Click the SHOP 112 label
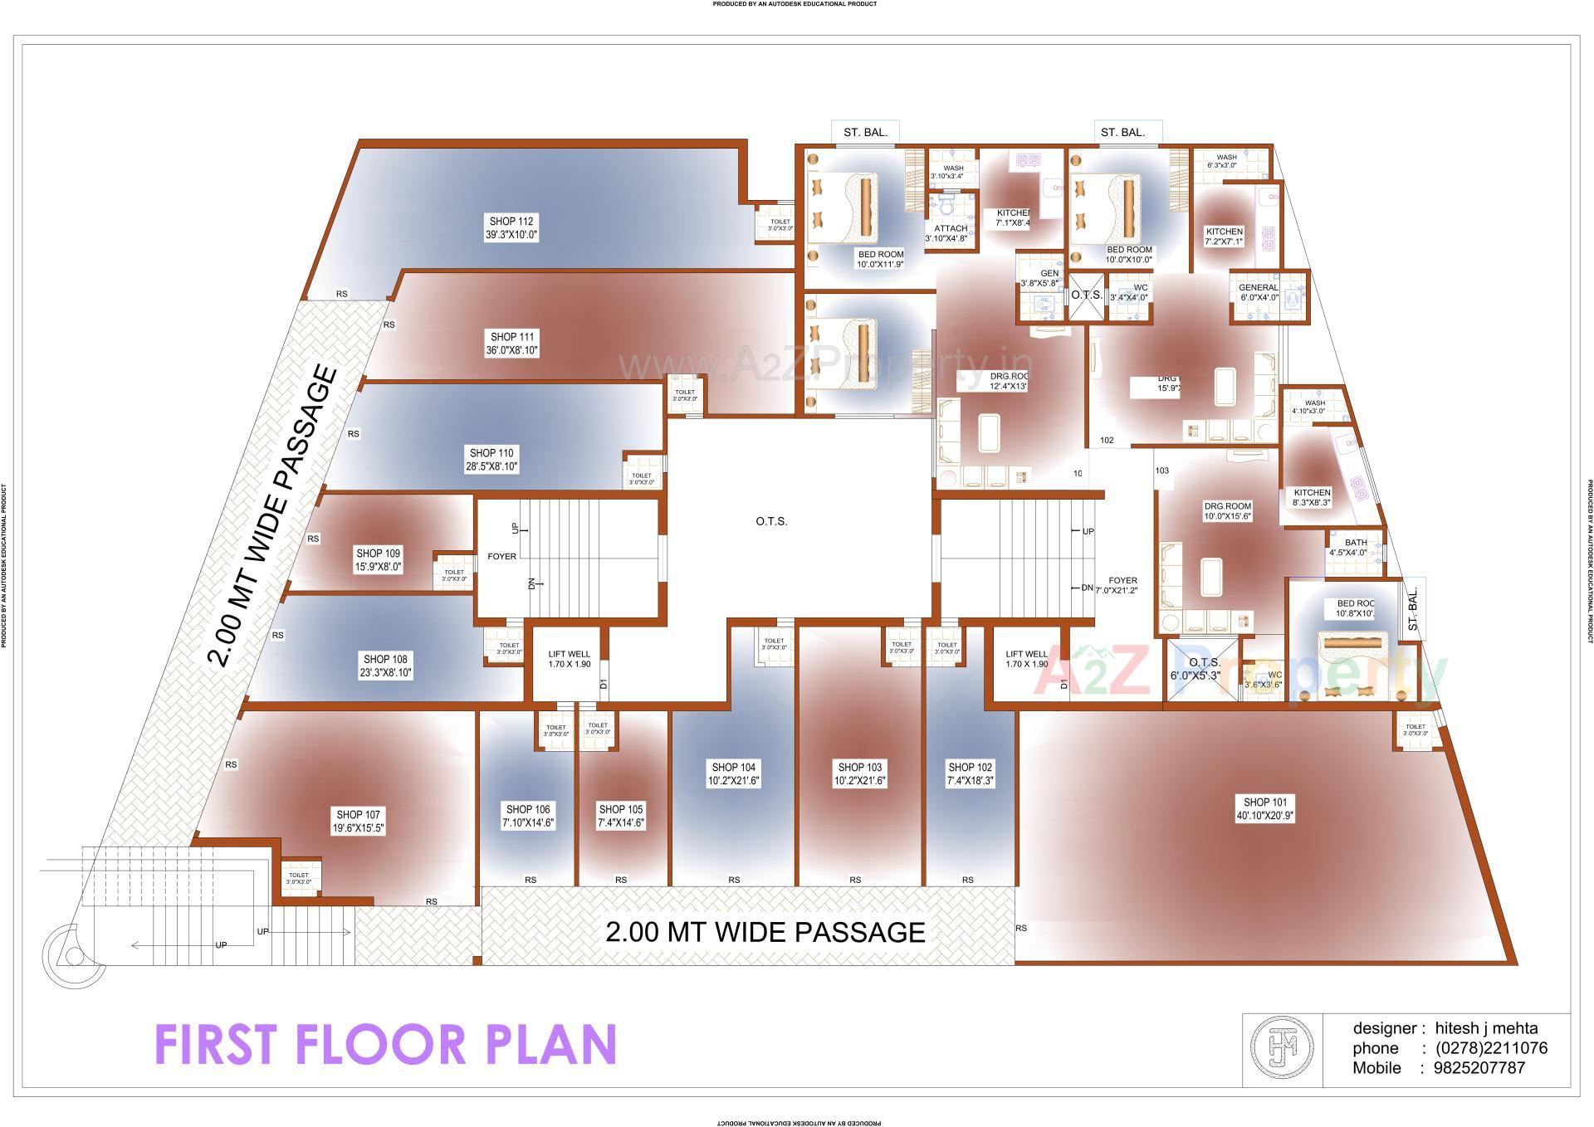point(511,222)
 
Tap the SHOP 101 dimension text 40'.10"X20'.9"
point(1264,816)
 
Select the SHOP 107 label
point(358,815)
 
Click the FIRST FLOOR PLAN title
point(386,1045)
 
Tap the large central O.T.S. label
point(771,522)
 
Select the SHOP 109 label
point(379,554)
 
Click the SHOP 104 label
point(733,768)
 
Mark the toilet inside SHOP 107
point(299,878)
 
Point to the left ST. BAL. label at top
point(866,133)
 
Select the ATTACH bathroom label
point(951,229)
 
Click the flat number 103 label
point(1161,471)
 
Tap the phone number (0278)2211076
point(1491,1048)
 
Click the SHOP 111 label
point(512,337)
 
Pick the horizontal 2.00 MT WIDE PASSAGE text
point(765,932)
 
